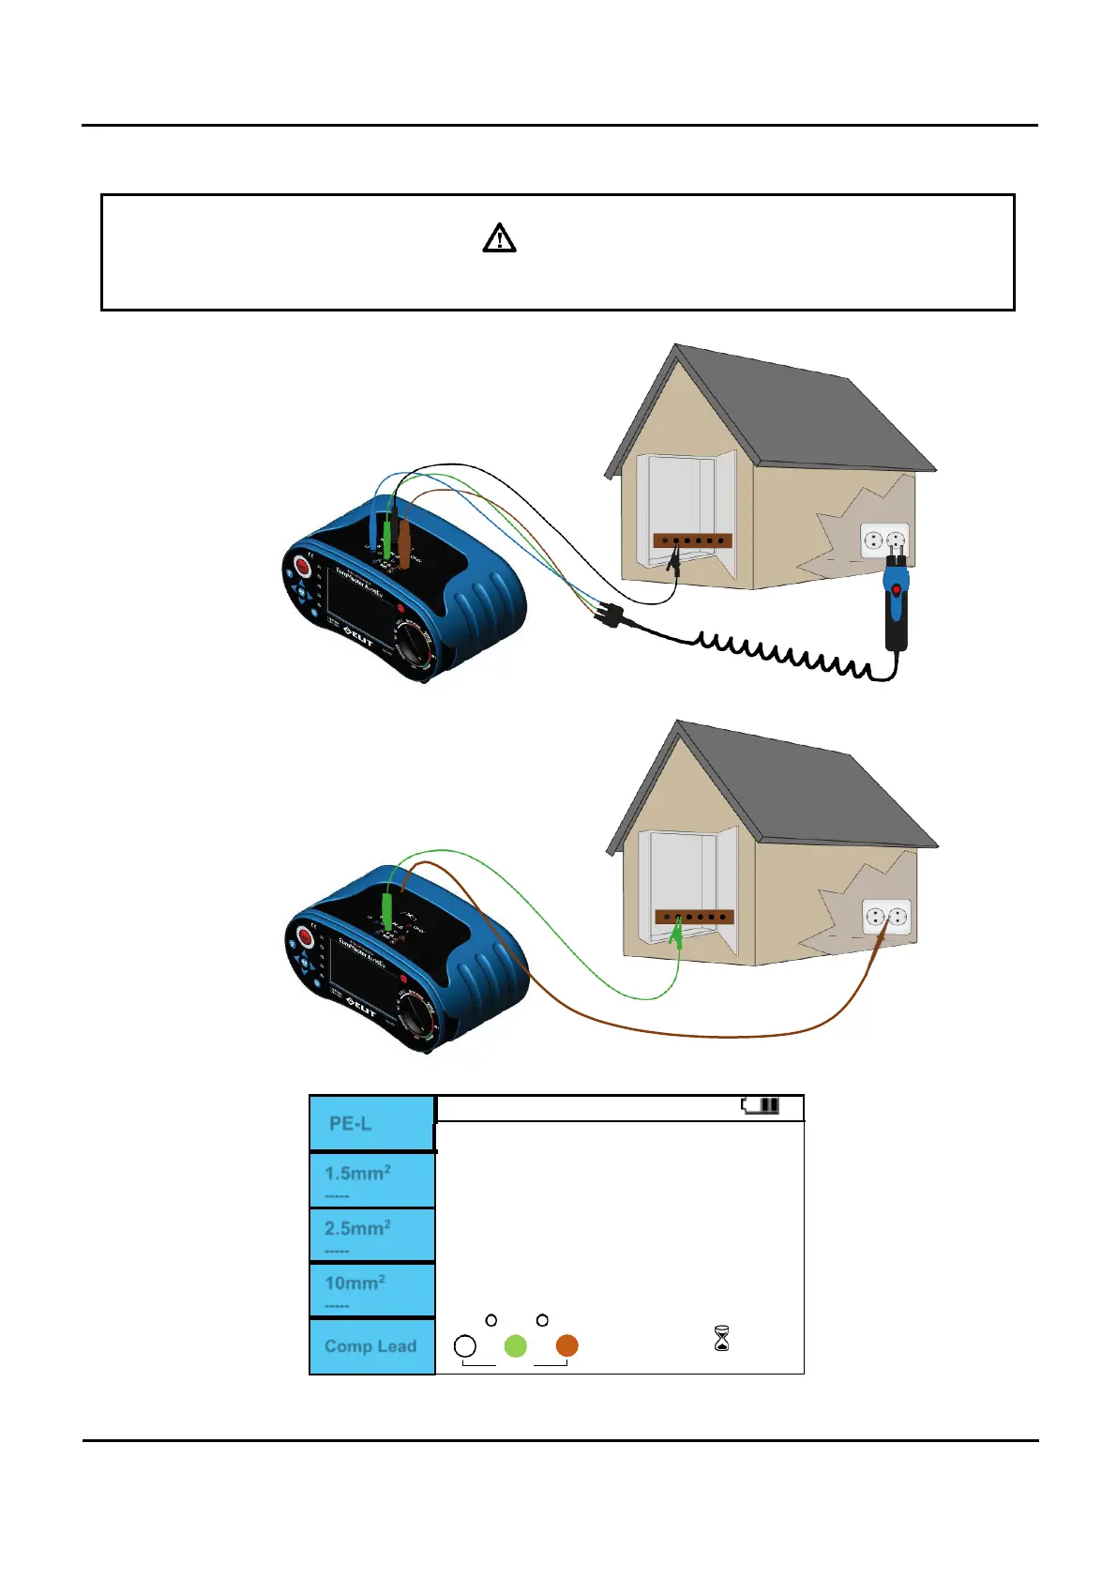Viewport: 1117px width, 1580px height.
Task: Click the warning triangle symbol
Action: pyautogui.click(x=499, y=238)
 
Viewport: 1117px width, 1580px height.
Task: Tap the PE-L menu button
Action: pyautogui.click(x=371, y=1123)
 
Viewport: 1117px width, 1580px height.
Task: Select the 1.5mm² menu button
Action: pyautogui.click(x=371, y=1179)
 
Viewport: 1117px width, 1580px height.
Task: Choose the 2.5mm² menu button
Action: pyautogui.click(x=371, y=1234)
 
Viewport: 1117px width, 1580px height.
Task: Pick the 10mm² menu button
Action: pyautogui.click(x=371, y=1289)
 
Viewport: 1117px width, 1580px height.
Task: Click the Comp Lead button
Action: pyautogui.click(x=371, y=1346)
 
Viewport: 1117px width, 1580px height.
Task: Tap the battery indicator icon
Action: pyautogui.click(x=761, y=1105)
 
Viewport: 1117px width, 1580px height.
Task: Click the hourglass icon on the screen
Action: pyautogui.click(x=721, y=1339)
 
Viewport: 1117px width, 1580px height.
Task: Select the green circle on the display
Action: pyautogui.click(x=515, y=1346)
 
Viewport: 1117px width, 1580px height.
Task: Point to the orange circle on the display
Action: pyautogui.click(x=566, y=1346)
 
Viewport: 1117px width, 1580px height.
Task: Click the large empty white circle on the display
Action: pyautogui.click(x=464, y=1346)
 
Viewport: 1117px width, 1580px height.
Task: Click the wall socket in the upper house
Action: pyautogui.click(x=884, y=540)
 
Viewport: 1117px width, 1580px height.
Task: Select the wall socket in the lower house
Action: pyautogui.click(x=886, y=917)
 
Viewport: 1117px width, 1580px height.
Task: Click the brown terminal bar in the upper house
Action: pyautogui.click(x=692, y=540)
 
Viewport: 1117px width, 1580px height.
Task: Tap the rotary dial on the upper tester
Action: pyautogui.click(x=414, y=647)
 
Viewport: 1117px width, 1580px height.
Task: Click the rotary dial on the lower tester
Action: pyautogui.click(x=414, y=1017)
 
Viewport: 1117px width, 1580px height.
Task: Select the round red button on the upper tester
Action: pyautogui.click(x=303, y=567)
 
